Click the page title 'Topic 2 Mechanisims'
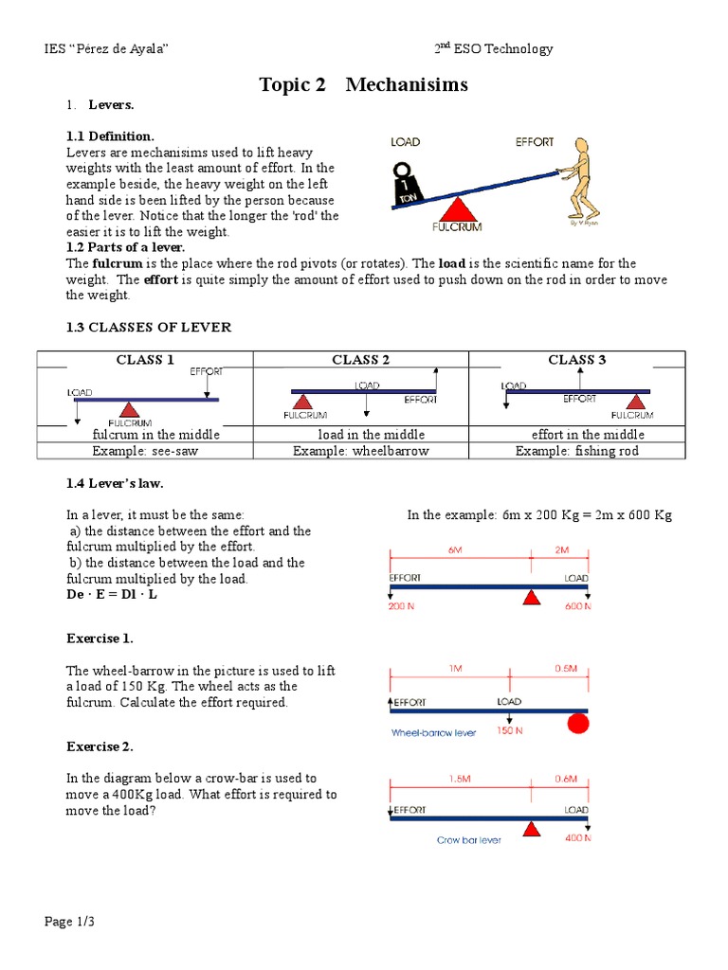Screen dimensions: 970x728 [x=364, y=84]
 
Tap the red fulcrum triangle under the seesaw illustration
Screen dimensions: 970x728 [x=459, y=209]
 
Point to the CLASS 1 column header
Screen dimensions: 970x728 [x=145, y=359]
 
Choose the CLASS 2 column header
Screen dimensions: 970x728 [x=361, y=359]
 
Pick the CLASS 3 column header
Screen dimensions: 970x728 [x=576, y=359]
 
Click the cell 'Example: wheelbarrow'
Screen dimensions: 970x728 [x=361, y=451]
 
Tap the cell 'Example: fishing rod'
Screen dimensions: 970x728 [x=576, y=451]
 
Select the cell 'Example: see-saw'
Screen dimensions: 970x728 [x=145, y=451]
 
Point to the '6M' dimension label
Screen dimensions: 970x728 [x=455, y=550]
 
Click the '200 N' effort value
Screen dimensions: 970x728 [x=402, y=607]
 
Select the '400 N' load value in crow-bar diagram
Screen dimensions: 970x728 [x=577, y=838]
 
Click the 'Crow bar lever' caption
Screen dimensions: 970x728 [x=469, y=839]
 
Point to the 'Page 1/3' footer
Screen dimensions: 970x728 [x=71, y=922]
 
